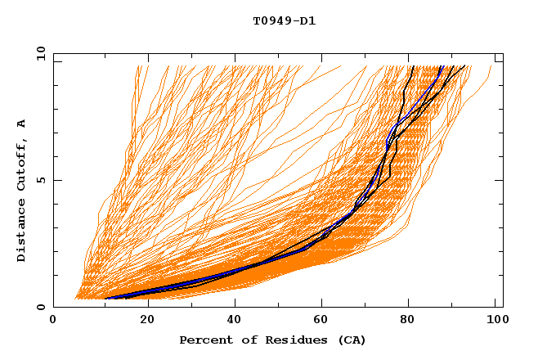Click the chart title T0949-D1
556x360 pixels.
point(284,21)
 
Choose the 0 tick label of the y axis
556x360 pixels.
point(40,308)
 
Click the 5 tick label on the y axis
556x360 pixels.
point(40,180)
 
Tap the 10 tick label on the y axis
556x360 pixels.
point(37,53)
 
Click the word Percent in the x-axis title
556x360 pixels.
point(204,340)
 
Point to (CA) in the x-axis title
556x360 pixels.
point(350,340)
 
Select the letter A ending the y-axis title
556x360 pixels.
point(21,124)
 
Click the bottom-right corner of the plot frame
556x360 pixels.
point(503,308)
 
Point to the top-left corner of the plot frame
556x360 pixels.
point(53,53)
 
